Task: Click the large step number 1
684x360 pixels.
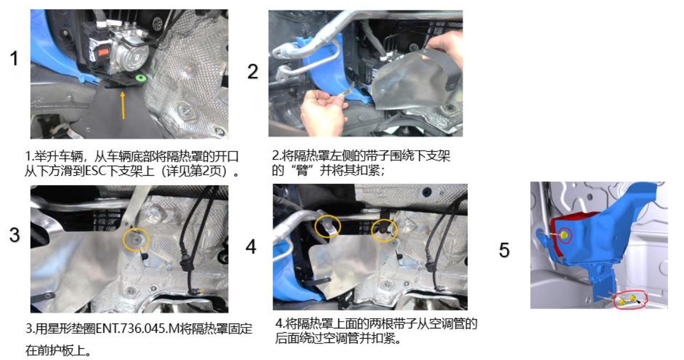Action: point(14,58)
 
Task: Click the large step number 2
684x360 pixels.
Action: point(253,72)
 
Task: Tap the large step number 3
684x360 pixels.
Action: point(15,235)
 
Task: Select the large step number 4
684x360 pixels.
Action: point(251,247)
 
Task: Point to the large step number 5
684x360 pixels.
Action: point(504,250)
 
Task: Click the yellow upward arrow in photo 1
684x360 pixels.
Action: point(123,105)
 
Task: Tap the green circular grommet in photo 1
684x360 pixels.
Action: point(141,78)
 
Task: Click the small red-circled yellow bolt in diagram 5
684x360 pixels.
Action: point(565,235)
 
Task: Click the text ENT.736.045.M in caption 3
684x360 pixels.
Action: point(138,329)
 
